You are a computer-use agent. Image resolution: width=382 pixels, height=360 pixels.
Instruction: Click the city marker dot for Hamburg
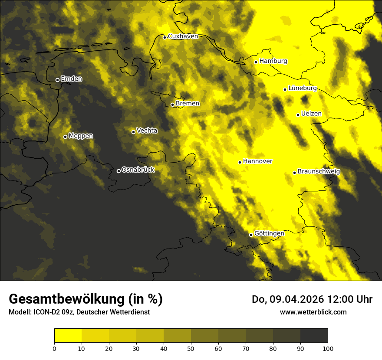(256, 62)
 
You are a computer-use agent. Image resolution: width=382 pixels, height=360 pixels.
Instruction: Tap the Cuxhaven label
(183, 36)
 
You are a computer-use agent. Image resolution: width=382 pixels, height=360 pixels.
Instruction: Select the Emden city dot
(57, 80)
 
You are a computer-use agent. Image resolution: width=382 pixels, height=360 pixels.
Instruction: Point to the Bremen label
(188, 104)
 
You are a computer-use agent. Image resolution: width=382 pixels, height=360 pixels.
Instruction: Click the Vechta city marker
(133, 132)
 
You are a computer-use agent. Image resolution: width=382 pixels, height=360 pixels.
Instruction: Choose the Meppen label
(81, 136)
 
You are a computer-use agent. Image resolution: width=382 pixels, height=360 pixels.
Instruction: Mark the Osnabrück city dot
(119, 171)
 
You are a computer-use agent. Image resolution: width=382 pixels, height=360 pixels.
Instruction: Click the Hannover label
(257, 161)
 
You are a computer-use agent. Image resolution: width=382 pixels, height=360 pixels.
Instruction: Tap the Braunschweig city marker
(294, 173)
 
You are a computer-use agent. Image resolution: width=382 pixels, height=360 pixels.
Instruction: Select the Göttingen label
(269, 234)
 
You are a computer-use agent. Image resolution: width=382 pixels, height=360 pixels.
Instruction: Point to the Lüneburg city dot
(285, 89)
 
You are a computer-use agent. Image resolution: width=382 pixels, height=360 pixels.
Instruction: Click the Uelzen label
(311, 114)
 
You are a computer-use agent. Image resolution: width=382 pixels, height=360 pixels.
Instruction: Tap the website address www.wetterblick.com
(313, 312)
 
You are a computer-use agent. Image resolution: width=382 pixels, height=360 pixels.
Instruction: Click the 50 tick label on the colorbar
(191, 348)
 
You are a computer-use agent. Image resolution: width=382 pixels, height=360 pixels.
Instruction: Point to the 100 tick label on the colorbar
(328, 348)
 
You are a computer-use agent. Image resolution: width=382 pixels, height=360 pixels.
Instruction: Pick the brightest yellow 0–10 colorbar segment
(68, 335)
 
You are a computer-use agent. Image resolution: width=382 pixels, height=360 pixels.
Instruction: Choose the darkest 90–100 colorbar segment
(314, 335)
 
